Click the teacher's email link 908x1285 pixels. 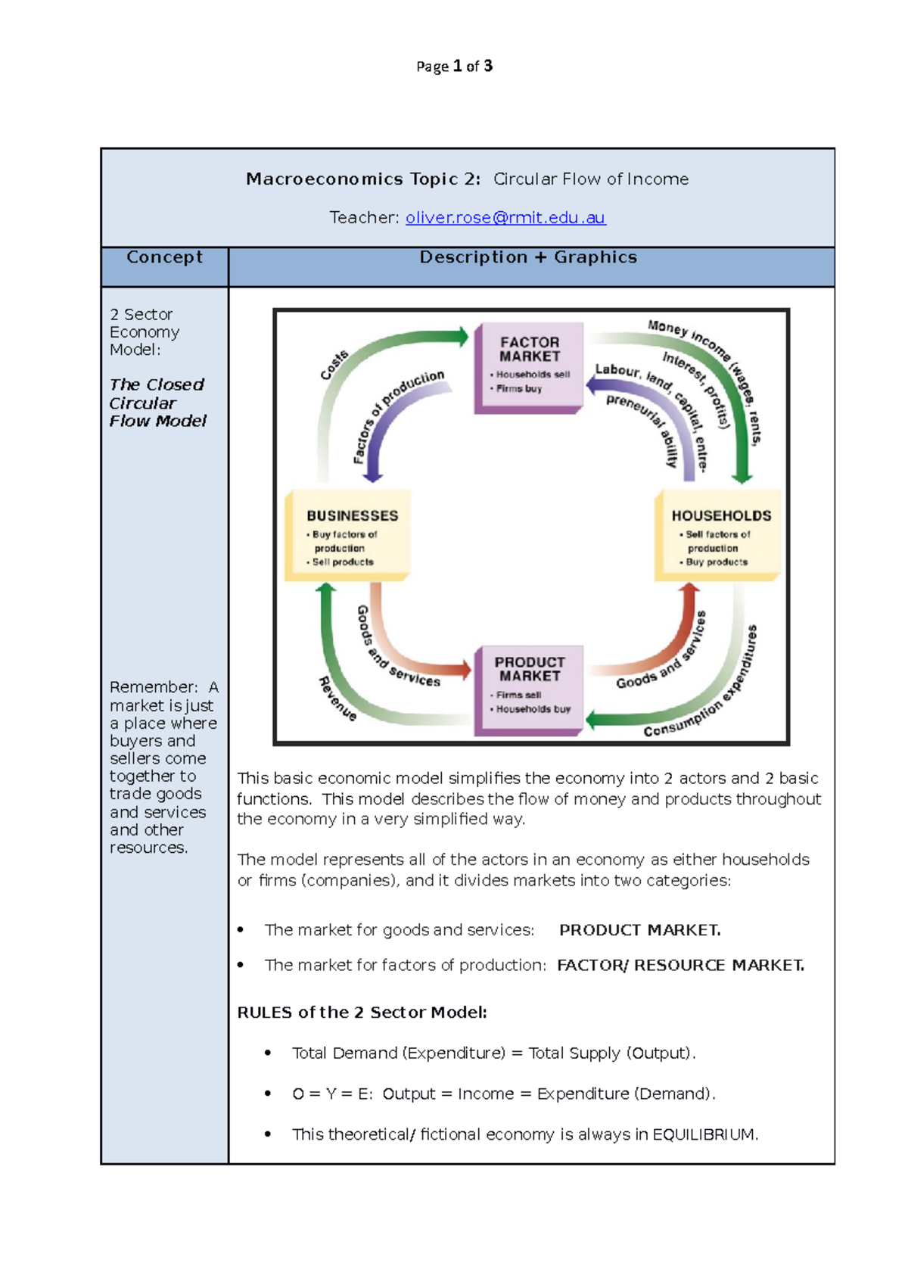click(505, 218)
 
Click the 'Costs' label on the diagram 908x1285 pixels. click(334, 365)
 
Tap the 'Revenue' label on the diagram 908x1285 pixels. click(337, 698)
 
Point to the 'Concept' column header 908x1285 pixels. click(164, 257)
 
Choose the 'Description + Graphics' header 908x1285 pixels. click(528, 257)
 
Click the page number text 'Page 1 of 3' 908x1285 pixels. click(454, 67)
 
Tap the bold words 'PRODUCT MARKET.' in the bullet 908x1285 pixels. click(639, 930)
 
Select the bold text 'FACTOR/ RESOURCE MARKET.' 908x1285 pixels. click(680, 966)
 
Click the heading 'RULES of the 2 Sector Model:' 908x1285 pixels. click(362, 1013)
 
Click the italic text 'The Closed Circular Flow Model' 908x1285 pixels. click(157, 403)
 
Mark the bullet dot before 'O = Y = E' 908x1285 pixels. click(268, 1094)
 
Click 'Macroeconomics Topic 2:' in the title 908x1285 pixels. click(363, 179)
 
